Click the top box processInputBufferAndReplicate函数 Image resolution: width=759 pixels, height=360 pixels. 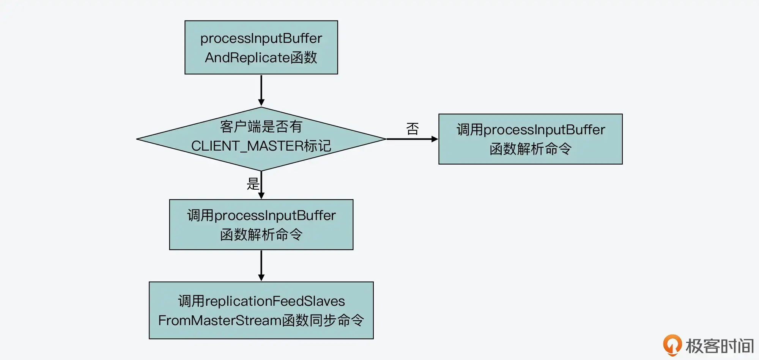pyautogui.click(x=261, y=47)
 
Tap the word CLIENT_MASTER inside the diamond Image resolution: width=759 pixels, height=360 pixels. pyautogui.click(x=247, y=146)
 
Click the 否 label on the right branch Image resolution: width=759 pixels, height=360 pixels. pyautogui.click(x=413, y=129)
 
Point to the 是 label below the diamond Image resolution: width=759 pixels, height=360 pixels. pyautogui.click(x=253, y=184)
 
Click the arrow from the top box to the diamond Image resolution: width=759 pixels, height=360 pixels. pyautogui.click(x=261, y=90)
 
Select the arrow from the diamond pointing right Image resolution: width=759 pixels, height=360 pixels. pyautogui.click(x=412, y=139)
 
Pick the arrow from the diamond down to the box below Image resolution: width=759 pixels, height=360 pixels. pyautogui.click(x=261, y=185)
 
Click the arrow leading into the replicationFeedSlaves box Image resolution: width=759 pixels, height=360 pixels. pyautogui.click(x=261, y=266)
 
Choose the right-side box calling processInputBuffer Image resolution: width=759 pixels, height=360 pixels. pyautogui.click(x=530, y=139)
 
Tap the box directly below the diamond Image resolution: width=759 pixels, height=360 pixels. pyautogui.click(x=261, y=225)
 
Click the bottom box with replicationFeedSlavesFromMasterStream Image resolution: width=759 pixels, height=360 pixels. pyautogui.click(x=261, y=310)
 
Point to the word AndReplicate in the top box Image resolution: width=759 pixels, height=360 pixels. pyautogui.click(x=247, y=58)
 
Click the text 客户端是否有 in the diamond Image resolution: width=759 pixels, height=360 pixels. pyautogui.click(x=261, y=126)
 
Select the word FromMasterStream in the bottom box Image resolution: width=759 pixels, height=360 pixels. pyautogui.click(x=220, y=321)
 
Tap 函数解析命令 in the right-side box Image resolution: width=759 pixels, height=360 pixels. pyautogui.click(x=530, y=149)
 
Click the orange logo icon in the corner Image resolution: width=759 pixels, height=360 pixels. pyautogui.click(x=672, y=344)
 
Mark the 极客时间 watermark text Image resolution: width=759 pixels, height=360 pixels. pyautogui.click(x=720, y=346)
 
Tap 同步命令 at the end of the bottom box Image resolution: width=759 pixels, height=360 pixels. pyautogui.click(x=337, y=321)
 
